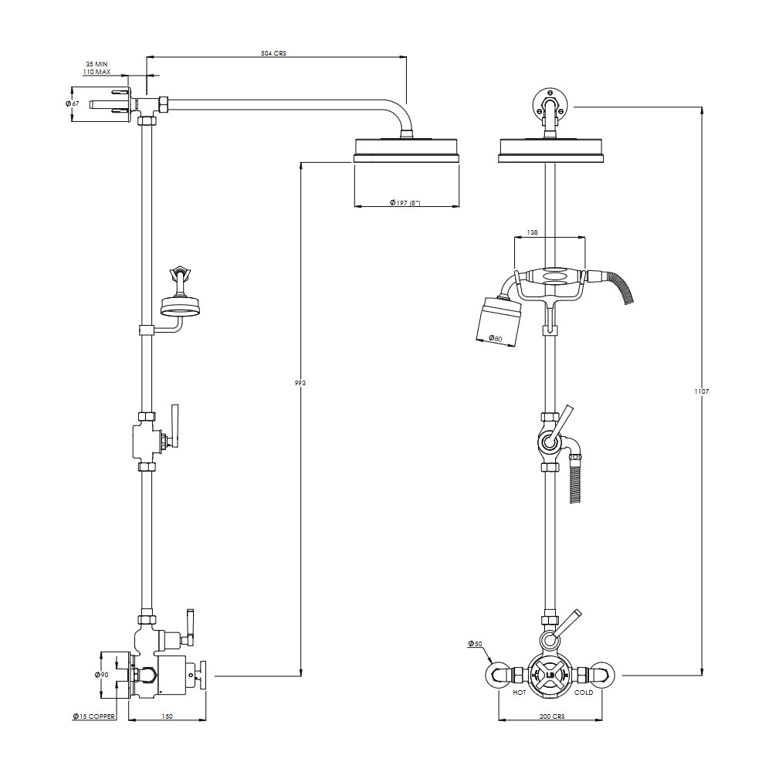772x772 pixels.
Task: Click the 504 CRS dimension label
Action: pos(273,53)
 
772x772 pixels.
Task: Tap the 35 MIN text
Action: pos(96,64)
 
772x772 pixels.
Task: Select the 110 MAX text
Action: pos(96,72)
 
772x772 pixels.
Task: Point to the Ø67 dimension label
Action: pos(72,104)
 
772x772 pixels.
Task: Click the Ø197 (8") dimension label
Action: pos(405,203)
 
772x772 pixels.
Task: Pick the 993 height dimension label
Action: pos(300,383)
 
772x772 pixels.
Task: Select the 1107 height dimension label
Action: pos(702,391)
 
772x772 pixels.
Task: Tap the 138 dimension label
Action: pos(532,232)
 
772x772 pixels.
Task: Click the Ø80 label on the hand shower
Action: pos(496,339)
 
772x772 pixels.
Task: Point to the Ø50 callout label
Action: pos(475,644)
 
